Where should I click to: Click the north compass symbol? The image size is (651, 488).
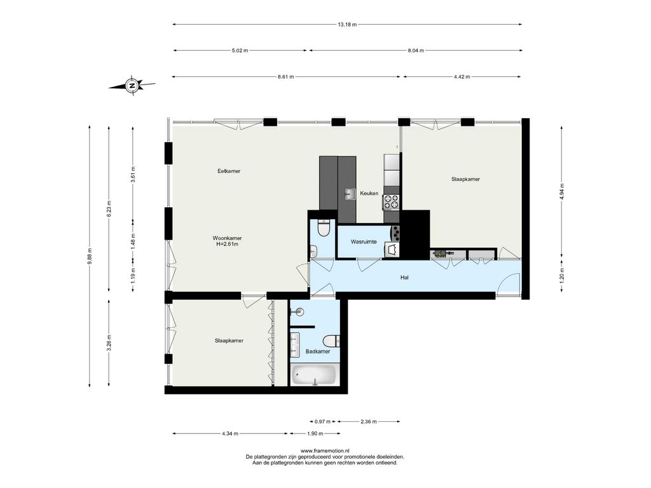[x=132, y=86]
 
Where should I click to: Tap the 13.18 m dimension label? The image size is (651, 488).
[x=347, y=25]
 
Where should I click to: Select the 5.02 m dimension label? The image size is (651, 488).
[x=240, y=51]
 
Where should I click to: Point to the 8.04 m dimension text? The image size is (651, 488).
[x=416, y=51]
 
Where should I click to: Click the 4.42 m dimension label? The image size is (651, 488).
[x=462, y=77]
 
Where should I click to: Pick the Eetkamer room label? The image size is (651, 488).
[x=229, y=171]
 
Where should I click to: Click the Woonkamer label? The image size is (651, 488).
[x=227, y=238]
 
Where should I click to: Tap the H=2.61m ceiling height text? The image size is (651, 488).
[x=227, y=244]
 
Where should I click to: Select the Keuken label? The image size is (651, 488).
[x=369, y=193]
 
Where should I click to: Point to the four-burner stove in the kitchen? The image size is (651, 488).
[x=391, y=202]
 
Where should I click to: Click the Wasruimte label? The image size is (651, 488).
[x=364, y=241]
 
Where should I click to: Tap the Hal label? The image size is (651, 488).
[x=404, y=277]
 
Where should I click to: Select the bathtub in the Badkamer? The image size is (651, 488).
[x=313, y=375]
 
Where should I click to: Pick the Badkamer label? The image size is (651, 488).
[x=318, y=351]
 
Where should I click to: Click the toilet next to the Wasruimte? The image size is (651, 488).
[x=323, y=228]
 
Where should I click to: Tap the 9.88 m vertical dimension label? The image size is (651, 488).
[x=90, y=257]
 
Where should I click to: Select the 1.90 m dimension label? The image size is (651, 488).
[x=315, y=433]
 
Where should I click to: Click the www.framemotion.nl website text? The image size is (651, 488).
[x=325, y=451]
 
